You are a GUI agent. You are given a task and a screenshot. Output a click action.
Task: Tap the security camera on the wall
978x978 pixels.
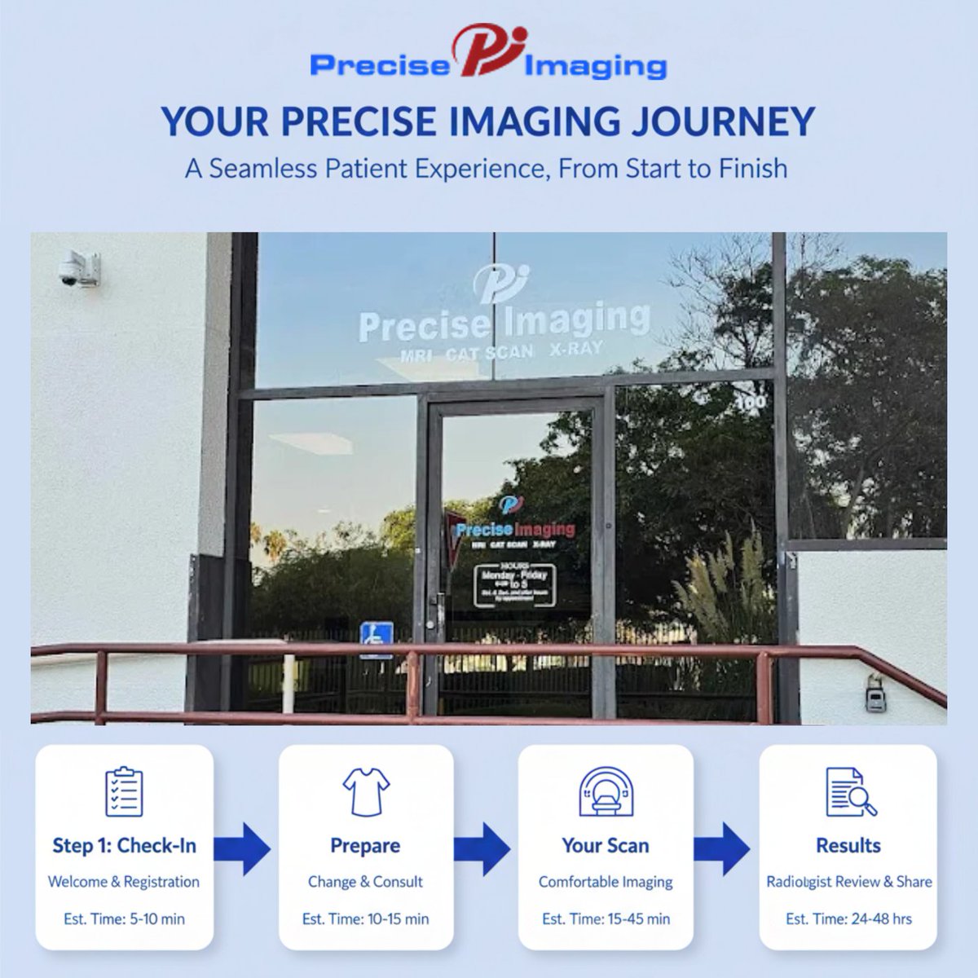(80, 269)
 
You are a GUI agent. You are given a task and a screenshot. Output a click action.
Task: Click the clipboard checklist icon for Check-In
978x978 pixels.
(124, 791)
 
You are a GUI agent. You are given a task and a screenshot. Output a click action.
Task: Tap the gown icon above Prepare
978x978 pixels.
(366, 791)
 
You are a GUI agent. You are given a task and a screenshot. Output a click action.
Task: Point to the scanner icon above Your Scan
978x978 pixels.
(606, 791)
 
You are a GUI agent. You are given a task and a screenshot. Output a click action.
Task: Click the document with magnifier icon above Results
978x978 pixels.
(850, 791)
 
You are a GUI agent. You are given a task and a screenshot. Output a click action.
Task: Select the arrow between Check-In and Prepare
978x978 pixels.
(244, 848)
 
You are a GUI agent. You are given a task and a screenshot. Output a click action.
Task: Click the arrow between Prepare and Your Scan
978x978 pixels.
(483, 848)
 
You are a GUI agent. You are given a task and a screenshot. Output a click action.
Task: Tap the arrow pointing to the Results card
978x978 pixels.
(724, 848)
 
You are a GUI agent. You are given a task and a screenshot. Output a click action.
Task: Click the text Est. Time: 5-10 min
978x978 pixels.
(124, 919)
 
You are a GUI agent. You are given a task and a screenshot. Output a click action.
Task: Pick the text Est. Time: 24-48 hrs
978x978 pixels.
(848, 919)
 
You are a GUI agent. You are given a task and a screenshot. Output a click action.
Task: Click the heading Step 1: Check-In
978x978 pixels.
(124, 845)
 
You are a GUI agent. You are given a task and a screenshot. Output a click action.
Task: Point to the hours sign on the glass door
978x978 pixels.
(515, 584)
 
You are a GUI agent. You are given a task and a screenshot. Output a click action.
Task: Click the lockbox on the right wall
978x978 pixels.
(875, 694)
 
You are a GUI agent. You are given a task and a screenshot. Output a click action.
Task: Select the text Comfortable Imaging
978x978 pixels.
(606, 882)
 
